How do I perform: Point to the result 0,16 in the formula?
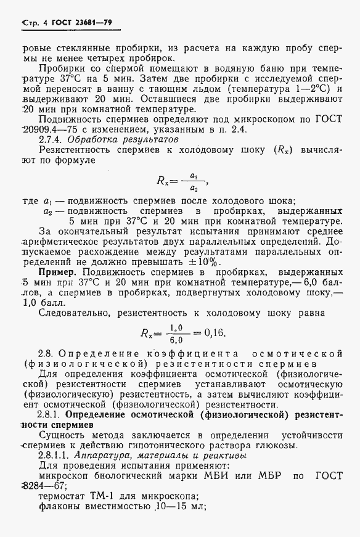pyautogui.click(x=215, y=334)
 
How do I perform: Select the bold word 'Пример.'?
pyautogui.click(x=59, y=273)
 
